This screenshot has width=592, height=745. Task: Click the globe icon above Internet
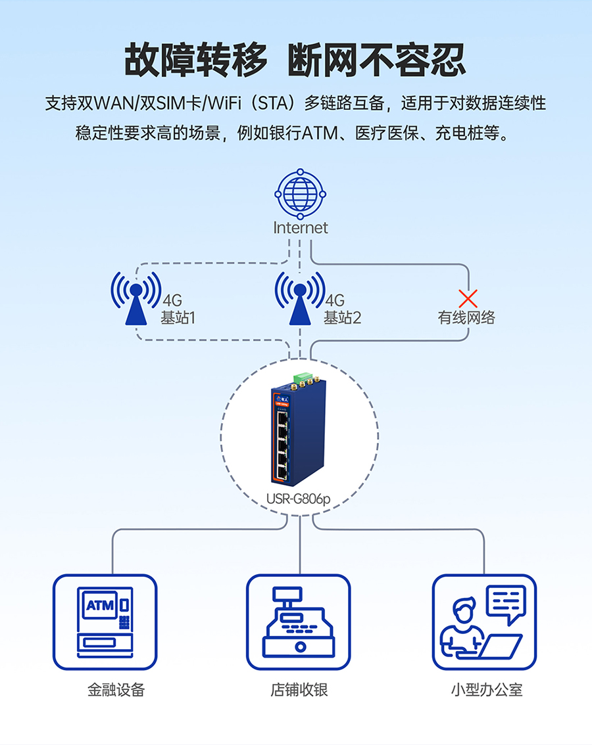pyautogui.click(x=300, y=194)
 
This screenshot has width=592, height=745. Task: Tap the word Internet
pyautogui.click(x=300, y=228)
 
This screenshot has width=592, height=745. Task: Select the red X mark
pyautogui.click(x=468, y=298)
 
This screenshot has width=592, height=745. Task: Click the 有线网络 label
pyautogui.click(x=466, y=318)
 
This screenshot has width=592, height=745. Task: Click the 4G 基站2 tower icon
pyautogui.click(x=299, y=299)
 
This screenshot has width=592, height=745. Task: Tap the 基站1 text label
pyautogui.click(x=178, y=318)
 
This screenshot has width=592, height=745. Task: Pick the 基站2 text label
pyautogui.click(x=342, y=318)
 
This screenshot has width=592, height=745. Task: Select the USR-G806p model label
pyautogui.click(x=298, y=499)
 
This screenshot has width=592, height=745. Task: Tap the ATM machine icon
pyautogui.click(x=105, y=621)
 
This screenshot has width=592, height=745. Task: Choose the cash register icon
pyautogui.click(x=299, y=621)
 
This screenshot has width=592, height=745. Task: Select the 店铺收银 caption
pyautogui.click(x=299, y=690)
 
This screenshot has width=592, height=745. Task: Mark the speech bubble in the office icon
pyautogui.click(x=506, y=602)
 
